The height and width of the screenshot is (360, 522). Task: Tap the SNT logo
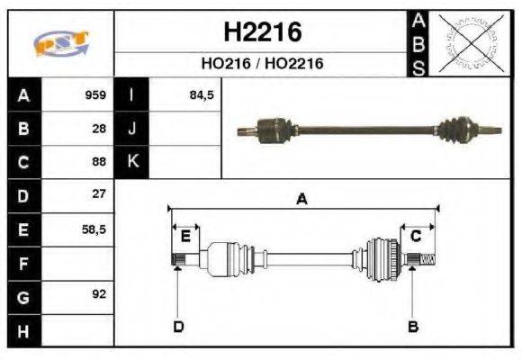coord(60,44)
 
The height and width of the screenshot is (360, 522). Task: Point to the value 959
coord(95,95)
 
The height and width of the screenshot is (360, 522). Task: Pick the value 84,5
coord(202,95)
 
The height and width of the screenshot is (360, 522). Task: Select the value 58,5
coord(94,229)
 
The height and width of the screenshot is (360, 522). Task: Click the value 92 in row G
coord(98,295)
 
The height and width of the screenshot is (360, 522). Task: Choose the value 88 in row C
coord(99,162)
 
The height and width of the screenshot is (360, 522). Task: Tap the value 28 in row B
coord(99,129)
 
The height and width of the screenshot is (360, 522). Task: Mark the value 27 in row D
coord(99,194)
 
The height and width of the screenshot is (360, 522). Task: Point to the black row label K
coord(132,162)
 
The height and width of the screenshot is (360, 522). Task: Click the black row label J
coord(132,129)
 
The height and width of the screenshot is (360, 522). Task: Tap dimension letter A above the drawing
coord(302,200)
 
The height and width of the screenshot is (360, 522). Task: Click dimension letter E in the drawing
coord(185,237)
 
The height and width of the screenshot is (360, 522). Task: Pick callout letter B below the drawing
coord(413,326)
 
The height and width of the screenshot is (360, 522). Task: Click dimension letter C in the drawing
coord(416,237)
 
